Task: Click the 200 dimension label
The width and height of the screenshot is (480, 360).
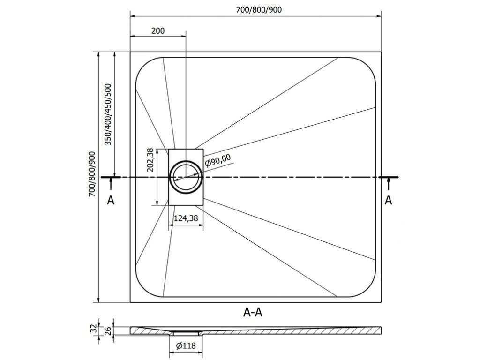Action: pyautogui.click(x=158, y=30)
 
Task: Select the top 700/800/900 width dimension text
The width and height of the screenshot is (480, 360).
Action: pyautogui.click(x=259, y=10)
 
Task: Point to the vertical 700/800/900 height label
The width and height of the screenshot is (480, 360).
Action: pyautogui.click(x=92, y=174)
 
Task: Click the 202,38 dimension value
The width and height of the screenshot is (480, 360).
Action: pyautogui.click(x=150, y=160)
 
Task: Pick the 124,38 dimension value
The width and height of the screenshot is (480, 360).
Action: pyautogui.click(x=186, y=218)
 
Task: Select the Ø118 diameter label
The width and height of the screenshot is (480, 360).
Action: pyautogui.click(x=186, y=345)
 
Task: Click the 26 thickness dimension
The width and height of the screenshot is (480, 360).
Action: pyautogui.click(x=108, y=330)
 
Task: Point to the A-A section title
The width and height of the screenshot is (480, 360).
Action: pyautogui.click(x=253, y=312)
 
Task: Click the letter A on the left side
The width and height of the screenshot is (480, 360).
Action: pyautogui.click(x=111, y=200)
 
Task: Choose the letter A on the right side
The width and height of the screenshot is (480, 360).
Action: pyautogui.click(x=388, y=200)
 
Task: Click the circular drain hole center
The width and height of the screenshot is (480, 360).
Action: pyautogui.click(x=186, y=177)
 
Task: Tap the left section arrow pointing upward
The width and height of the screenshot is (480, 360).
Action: pyautogui.click(x=111, y=183)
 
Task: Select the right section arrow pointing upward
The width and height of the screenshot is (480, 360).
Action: pyautogui.click(x=389, y=183)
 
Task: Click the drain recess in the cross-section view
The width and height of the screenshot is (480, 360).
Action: pyautogui.click(x=186, y=333)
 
